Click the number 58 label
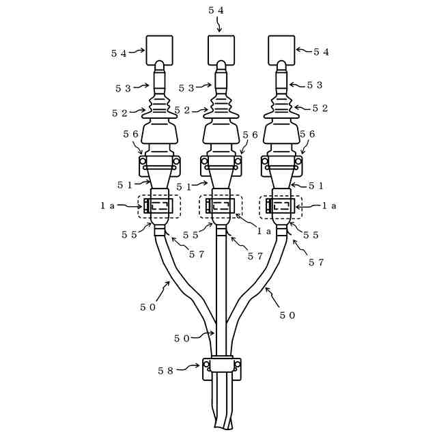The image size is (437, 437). tap(166, 371)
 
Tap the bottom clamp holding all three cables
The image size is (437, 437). tap(222, 367)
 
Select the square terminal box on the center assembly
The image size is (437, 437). tap(221, 50)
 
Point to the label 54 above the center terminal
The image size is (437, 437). tap(216, 10)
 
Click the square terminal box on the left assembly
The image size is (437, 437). tap(159, 50)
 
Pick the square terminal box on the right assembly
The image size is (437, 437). tap(281, 50)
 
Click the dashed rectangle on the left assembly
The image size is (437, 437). tap(160, 206)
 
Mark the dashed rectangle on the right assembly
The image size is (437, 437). tap(281, 206)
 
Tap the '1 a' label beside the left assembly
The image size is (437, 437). tap(108, 206)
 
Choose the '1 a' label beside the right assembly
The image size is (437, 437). tap(329, 206)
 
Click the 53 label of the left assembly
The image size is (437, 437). tap(123, 89)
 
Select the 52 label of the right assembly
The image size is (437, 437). tap(320, 109)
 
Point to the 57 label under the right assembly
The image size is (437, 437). tap(316, 262)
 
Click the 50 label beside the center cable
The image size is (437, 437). tap(182, 338)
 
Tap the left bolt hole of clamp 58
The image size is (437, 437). tap(206, 364)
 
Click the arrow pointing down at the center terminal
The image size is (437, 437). tap(219, 25)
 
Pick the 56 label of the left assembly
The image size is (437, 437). tap(131, 135)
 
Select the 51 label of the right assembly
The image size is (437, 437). tap(316, 186)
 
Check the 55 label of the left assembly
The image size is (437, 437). tap(129, 235)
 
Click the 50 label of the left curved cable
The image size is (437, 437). tap(148, 307)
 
